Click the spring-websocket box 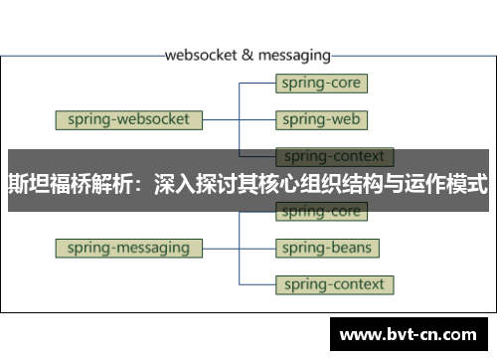point(129,120)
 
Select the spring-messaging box point(129,248)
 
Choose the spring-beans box point(326,248)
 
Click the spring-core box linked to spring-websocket point(321,84)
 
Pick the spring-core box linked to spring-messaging point(321,212)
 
